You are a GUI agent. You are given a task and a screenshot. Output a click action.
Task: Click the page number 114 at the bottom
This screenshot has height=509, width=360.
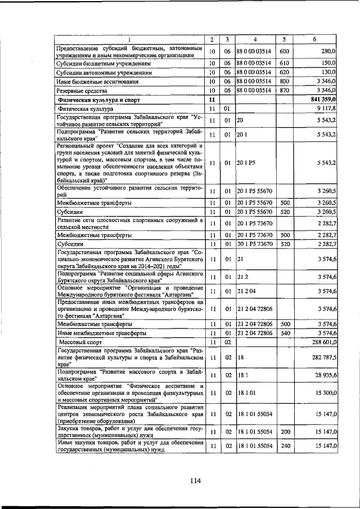pyautogui.click(x=195, y=480)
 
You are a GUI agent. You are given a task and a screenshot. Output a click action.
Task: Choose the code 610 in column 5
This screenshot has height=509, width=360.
pyautogui.click(x=285, y=64)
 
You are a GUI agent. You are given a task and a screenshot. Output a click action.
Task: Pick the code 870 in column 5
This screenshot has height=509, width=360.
pyautogui.click(x=285, y=90)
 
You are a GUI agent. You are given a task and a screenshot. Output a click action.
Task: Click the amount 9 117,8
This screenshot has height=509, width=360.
pyautogui.click(x=326, y=108)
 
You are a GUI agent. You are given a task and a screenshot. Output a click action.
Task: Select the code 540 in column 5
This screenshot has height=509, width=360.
pyautogui.click(x=285, y=333)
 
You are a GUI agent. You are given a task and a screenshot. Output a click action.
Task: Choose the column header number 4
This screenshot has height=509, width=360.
pyautogui.click(x=255, y=39)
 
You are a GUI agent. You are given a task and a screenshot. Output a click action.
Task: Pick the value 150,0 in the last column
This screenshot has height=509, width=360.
pyautogui.click(x=328, y=64)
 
